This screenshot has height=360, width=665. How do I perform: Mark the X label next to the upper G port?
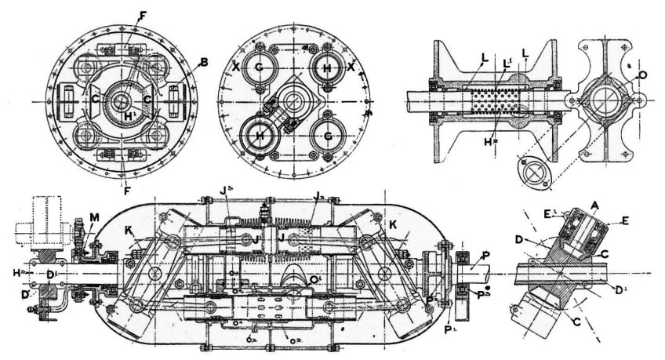click(x=236, y=67)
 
